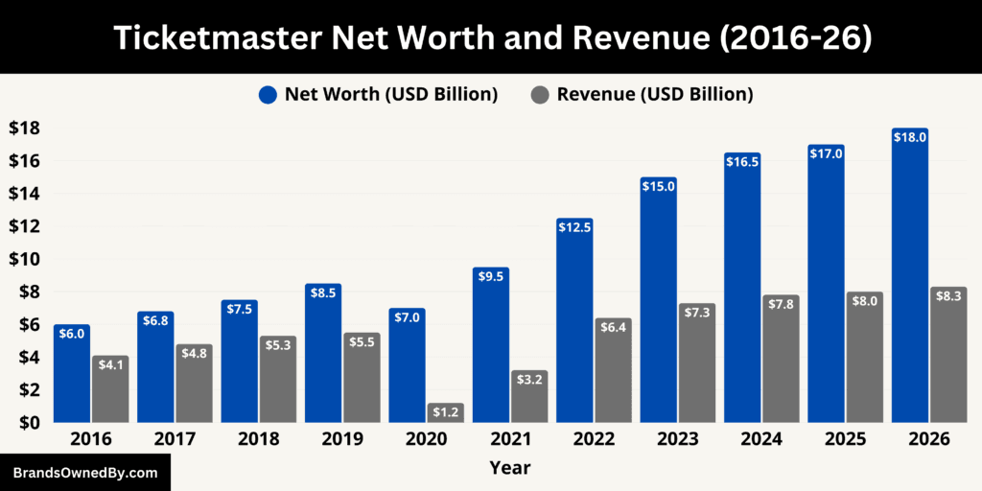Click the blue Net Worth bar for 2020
pyautogui.click(x=407, y=365)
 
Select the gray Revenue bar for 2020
pyautogui.click(x=446, y=413)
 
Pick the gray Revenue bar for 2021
pyautogui.click(x=529, y=396)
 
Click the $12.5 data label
pyautogui.click(x=574, y=226)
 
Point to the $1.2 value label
pyautogui.click(x=446, y=412)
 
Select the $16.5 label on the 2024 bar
pyautogui.click(x=742, y=161)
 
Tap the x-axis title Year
pyautogui.click(x=509, y=468)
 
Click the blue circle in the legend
pyautogui.click(x=268, y=94)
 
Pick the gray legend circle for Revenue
pyautogui.click(x=540, y=94)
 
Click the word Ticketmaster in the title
pyautogui.click(x=220, y=36)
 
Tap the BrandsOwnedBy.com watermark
pyautogui.click(x=85, y=473)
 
